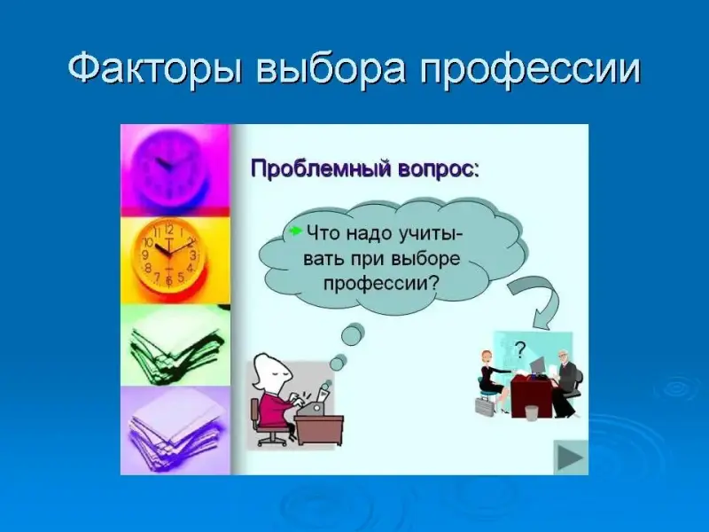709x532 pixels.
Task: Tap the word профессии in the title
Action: click(530, 70)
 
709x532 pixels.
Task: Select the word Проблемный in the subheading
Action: click(321, 169)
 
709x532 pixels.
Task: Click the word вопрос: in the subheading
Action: click(438, 170)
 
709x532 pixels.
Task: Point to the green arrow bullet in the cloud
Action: click(295, 231)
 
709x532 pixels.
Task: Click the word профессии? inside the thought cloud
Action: click(382, 283)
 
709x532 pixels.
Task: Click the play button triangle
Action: click(571, 458)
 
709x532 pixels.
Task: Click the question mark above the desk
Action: click(521, 349)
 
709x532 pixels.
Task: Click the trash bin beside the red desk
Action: click(532, 413)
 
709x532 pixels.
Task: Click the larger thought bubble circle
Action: click(353, 334)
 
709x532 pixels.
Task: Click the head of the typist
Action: click(270, 372)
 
